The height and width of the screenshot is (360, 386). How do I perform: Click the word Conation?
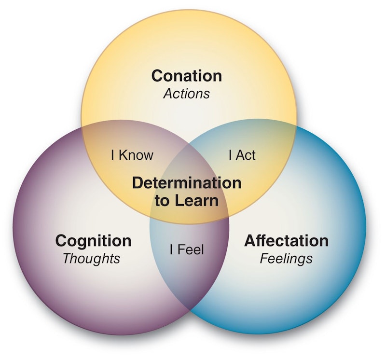pyautogui.click(x=187, y=76)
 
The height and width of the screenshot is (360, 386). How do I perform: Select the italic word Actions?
pyautogui.click(x=187, y=93)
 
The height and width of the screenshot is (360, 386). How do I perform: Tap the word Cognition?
pyautogui.click(x=93, y=240)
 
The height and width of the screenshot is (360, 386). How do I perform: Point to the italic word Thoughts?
pyautogui.click(x=91, y=258)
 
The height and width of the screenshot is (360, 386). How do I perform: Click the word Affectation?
pyautogui.click(x=286, y=240)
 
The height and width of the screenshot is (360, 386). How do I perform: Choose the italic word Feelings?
pyautogui.click(x=286, y=258)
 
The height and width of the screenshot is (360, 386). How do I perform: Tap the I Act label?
pyautogui.click(x=242, y=155)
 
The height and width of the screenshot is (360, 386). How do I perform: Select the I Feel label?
pyautogui.click(x=187, y=250)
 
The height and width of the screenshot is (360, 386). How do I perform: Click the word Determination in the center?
pyautogui.click(x=187, y=183)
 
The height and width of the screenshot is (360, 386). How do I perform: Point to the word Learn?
pyautogui.click(x=197, y=200)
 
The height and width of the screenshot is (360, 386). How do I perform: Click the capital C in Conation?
pyautogui.click(x=157, y=76)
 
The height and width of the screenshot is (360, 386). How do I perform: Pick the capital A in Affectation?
pyautogui.click(x=250, y=240)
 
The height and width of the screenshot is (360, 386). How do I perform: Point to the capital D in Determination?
pyautogui.click(x=138, y=183)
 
